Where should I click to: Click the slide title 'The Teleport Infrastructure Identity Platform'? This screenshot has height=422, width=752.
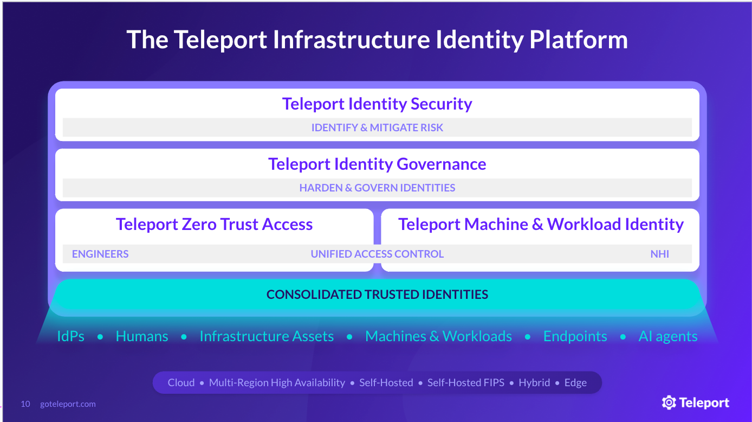(377, 40)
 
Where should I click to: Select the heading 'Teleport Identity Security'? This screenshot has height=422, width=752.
(377, 104)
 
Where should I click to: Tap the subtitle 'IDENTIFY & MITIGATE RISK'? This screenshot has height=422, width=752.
(377, 127)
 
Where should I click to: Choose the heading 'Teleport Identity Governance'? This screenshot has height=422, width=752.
(377, 164)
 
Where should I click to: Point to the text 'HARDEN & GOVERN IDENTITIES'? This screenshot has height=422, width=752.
(377, 188)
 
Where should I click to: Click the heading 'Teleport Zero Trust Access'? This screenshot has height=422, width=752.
(214, 225)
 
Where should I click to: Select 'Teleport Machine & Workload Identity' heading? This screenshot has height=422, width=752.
(541, 225)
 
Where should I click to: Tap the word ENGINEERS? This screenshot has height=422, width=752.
(100, 254)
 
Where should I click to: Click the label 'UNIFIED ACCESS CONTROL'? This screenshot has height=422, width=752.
(377, 254)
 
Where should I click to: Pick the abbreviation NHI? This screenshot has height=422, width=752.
(660, 254)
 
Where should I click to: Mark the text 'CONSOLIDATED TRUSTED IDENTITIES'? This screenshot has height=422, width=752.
(377, 295)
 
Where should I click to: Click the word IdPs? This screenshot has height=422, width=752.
(70, 336)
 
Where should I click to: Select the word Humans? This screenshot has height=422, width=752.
(141, 336)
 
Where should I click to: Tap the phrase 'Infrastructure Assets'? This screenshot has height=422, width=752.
(267, 336)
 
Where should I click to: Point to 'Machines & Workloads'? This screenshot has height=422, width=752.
(438, 336)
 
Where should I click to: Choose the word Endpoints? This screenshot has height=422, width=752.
(575, 337)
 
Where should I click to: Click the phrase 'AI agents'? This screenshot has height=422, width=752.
(667, 337)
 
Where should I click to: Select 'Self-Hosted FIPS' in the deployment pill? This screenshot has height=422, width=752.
(465, 383)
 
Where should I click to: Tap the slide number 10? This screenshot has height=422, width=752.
(25, 404)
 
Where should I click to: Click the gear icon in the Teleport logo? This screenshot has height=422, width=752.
(669, 402)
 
